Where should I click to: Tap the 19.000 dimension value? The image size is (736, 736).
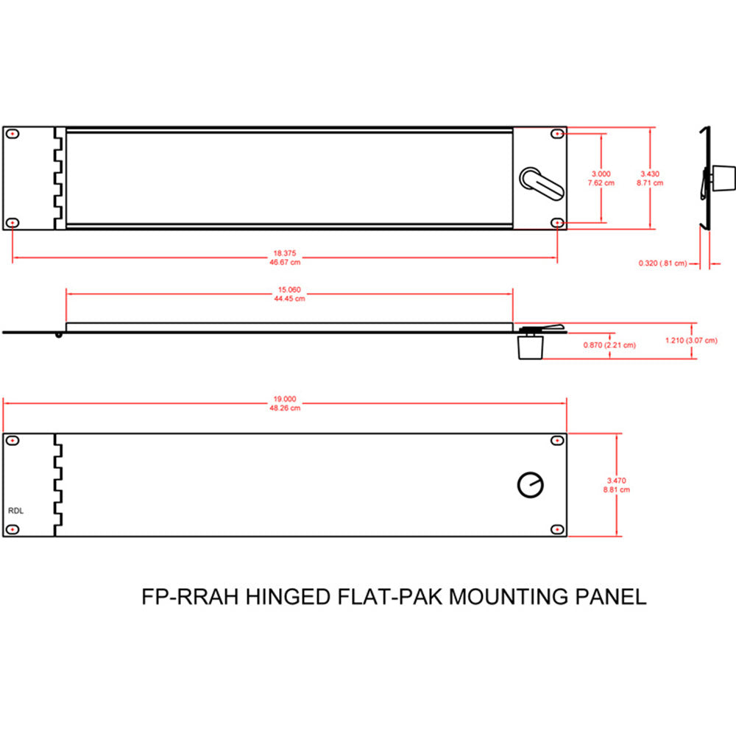pyautogui.click(x=285, y=400)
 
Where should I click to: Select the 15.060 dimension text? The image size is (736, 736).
pyautogui.click(x=289, y=290)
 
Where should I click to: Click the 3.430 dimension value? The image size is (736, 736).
pyautogui.click(x=650, y=174)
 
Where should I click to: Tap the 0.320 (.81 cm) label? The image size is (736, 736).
pyautogui.click(x=662, y=263)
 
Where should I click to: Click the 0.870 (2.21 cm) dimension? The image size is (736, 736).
pyautogui.click(x=609, y=344)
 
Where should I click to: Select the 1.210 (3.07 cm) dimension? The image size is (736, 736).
pyautogui.click(x=691, y=340)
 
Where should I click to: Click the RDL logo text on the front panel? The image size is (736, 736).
pyautogui.click(x=15, y=509)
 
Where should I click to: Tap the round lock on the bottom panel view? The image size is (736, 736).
pyautogui.click(x=531, y=484)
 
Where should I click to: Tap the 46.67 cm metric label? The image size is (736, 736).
pyautogui.click(x=285, y=261)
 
